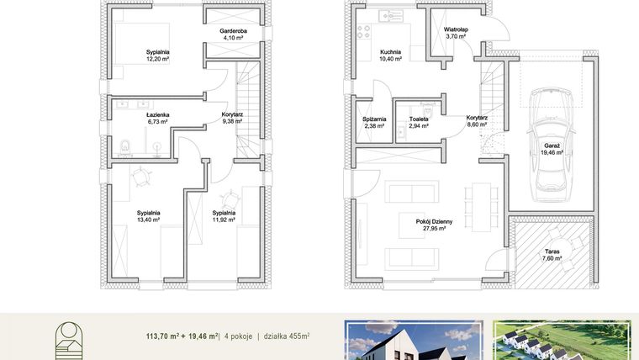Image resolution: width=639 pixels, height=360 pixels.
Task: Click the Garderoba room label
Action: (x=226, y=31)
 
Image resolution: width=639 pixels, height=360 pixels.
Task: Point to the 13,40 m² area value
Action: (x=149, y=220)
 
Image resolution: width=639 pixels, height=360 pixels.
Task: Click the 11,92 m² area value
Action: (x=224, y=220)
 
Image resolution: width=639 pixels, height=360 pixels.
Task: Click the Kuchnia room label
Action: (x=390, y=52)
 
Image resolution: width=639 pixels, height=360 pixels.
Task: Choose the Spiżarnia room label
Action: (x=374, y=119)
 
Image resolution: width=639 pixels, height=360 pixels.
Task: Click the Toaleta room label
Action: (x=418, y=119)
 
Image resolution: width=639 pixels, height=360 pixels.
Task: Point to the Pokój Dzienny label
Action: (x=434, y=221)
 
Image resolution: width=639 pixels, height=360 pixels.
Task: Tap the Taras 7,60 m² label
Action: (x=552, y=254)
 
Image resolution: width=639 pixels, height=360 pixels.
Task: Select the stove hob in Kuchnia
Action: (x=365, y=32)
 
